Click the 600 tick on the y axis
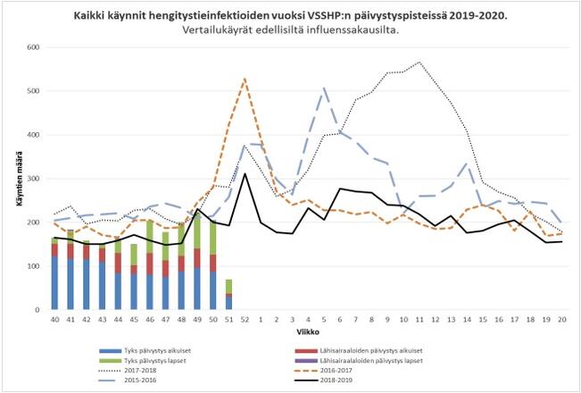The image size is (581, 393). pyautogui.click(x=34, y=47)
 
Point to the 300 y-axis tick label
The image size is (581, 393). pyautogui.click(x=34, y=179)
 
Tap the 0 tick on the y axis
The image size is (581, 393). pyautogui.click(x=39, y=310)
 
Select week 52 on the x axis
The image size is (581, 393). pyautogui.click(x=245, y=319)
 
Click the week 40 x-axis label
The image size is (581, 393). pyautogui.click(x=54, y=319)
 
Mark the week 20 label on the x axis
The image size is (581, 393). pyautogui.click(x=562, y=319)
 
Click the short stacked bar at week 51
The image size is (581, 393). pyautogui.click(x=228, y=295)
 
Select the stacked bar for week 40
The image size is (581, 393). pyautogui.click(x=54, y=273)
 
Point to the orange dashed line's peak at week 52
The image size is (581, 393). pyautogui.click(x=245, y=79)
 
